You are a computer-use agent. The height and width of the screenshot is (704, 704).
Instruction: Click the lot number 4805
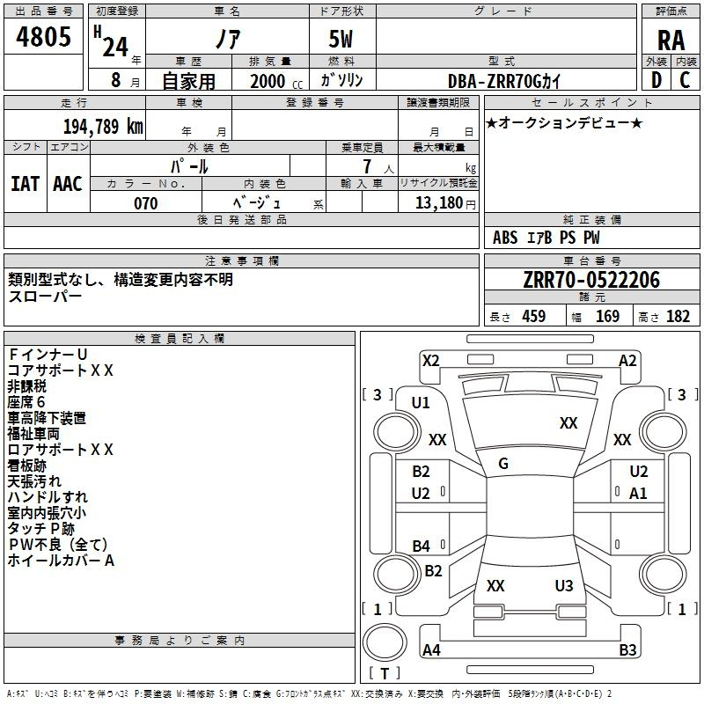[44, 38]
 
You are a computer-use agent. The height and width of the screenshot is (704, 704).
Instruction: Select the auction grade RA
[671, 40]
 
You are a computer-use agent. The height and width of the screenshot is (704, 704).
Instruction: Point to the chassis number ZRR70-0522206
[590, 281]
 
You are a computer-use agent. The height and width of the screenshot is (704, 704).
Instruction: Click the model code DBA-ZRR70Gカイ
[504, 81]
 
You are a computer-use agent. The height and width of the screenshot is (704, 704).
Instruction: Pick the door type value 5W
[342, 40]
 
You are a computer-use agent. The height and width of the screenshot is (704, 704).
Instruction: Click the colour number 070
[146, 203]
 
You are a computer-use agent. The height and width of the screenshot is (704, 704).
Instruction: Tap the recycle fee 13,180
[435, 203]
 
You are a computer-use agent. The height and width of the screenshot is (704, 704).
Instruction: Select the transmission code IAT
[25, 184]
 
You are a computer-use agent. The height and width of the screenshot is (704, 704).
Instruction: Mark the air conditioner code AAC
[67, 184]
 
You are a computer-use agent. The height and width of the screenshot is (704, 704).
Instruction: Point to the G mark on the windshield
[503, 464]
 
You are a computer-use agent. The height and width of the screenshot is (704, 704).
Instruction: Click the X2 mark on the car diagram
[431, 360]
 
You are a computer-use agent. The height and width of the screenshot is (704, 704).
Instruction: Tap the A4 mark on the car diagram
[431, 650]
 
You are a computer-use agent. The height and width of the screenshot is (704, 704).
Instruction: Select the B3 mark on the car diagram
[627, 650]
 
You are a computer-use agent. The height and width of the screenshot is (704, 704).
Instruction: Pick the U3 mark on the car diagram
[564, 585]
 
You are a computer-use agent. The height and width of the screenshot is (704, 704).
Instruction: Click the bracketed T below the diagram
[385, 673]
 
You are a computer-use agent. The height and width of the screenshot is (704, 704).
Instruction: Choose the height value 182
[678, 317]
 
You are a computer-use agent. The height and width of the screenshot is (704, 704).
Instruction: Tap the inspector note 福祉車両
[33, 434]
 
